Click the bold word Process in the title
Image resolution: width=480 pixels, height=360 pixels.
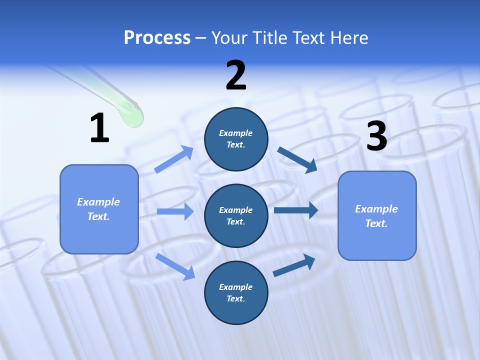point(157,38)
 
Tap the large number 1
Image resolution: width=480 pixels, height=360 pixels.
point(99,128)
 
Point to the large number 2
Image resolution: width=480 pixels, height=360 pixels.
point(236,75)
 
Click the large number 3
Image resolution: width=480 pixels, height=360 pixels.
point(376,136)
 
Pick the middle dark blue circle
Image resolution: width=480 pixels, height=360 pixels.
point(236,215)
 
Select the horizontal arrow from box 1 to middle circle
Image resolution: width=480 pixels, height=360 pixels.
point(175,211)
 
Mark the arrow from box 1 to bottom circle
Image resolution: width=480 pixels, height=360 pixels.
point(175,266)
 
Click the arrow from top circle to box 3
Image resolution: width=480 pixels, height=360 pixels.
point(297,159)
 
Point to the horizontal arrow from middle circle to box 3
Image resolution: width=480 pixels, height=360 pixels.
point(295,210)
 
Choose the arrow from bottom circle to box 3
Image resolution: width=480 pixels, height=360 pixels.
point(294,265)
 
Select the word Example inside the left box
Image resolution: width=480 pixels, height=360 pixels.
point(98,202)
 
